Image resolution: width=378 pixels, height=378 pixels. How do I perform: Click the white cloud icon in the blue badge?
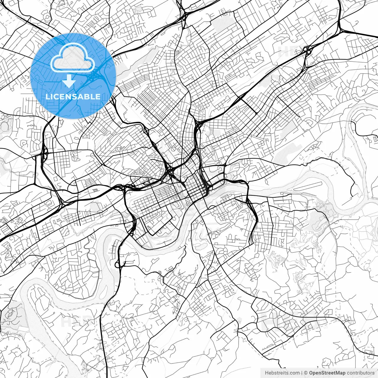pyautogui.click(x=73, y=58)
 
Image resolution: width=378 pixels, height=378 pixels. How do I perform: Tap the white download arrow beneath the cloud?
pyautogui.click(x=69, y=81)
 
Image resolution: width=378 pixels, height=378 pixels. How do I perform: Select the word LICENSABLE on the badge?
pyautogui.click(x=73, y=97)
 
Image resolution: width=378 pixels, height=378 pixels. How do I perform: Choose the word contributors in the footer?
pyautogui.click(x=361, y=373)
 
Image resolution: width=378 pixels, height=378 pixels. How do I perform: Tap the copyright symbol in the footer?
pyautogui.click(x=306, y=373)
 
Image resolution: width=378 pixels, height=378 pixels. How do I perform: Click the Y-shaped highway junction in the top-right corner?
pyautogui.click(x=340, y=30)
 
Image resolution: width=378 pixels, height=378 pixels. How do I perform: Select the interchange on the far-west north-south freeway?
pyautogui.click(x=44, y=152)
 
